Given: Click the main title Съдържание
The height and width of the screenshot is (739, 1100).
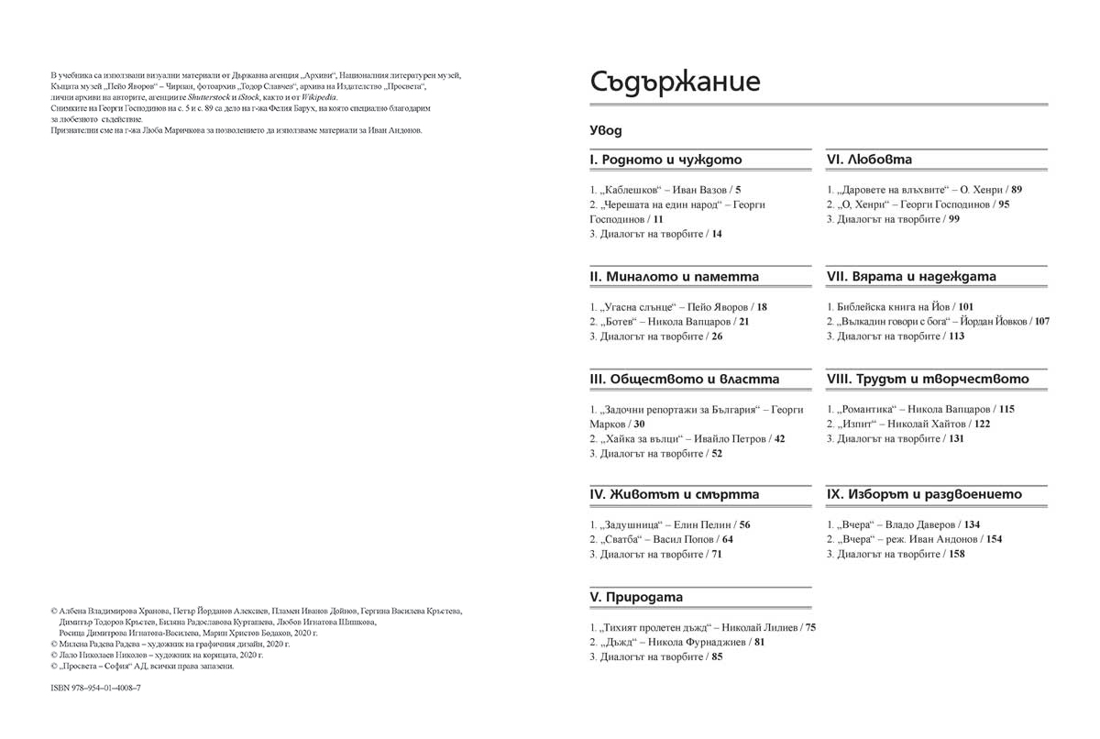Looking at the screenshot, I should pos(675,82).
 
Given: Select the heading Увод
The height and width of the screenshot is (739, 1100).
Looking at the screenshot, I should pos(606,131).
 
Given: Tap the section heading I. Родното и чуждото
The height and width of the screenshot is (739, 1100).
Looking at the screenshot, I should pos(666,160).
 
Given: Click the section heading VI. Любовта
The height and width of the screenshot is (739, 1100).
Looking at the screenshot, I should pos(869,160).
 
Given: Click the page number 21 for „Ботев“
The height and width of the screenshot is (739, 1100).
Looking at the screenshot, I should pos(743,322).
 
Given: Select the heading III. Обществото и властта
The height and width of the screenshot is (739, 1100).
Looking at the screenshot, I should pos(685,379).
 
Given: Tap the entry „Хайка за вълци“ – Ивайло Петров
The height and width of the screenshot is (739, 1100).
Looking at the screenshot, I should pos(679,439).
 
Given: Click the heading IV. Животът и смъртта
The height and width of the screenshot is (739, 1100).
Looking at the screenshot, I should pos(675,494).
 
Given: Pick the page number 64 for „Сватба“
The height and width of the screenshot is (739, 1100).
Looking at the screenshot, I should pos(727,540).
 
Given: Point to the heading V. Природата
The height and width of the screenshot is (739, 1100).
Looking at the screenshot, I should pos(637,597).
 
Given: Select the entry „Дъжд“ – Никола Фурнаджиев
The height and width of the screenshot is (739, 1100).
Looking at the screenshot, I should pos(669,643).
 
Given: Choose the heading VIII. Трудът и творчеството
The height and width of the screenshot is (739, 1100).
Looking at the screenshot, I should pos(928,379).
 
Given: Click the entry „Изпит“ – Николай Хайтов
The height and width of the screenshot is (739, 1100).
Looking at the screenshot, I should pos(886,425).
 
